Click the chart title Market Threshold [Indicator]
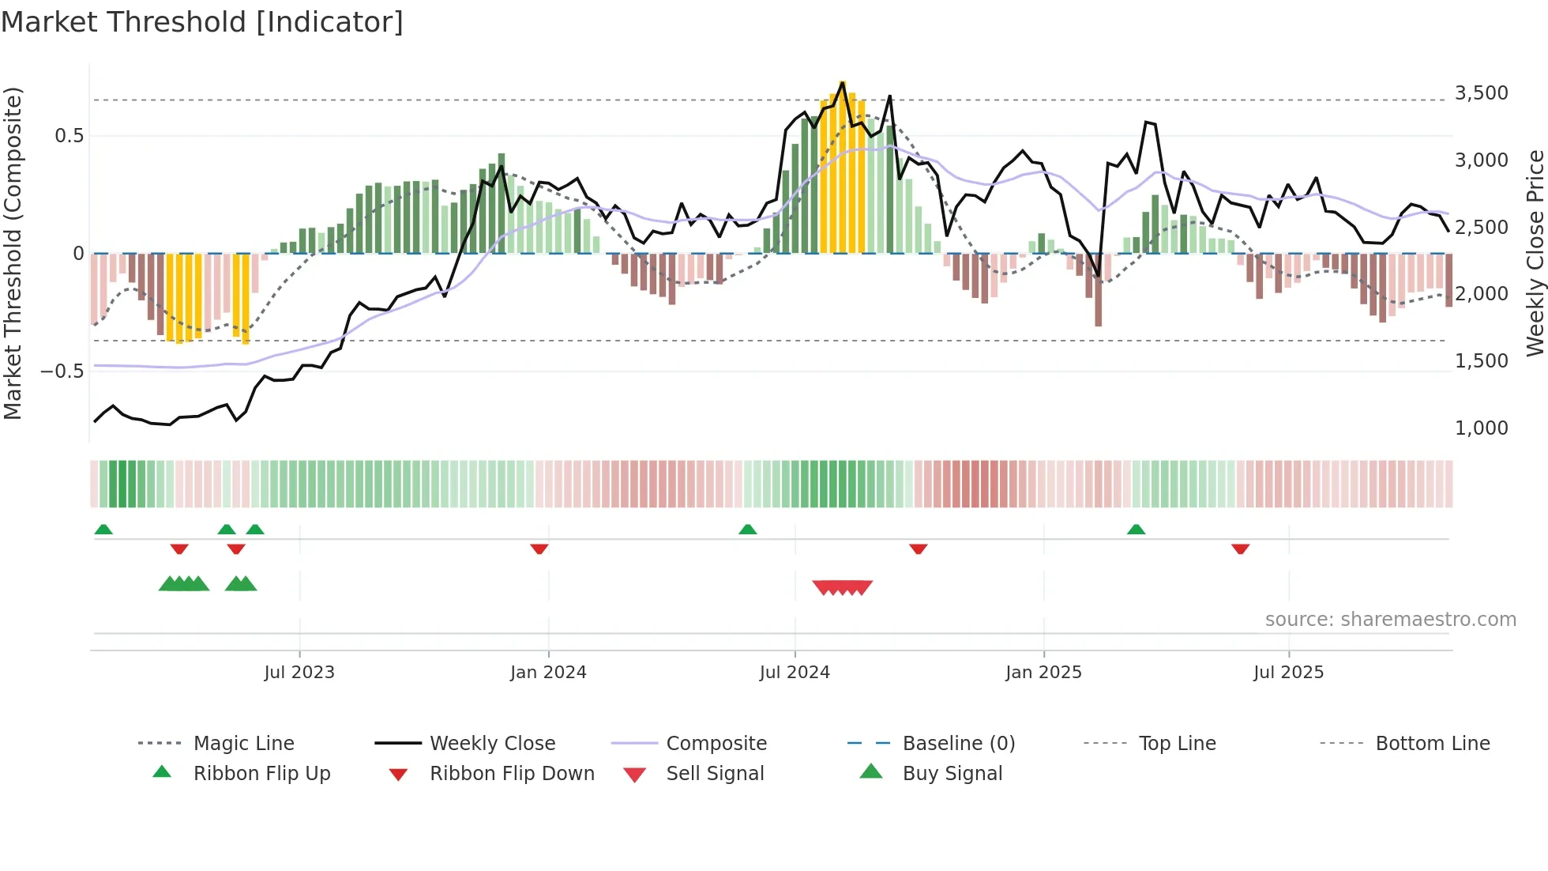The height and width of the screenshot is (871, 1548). [x=202, y=22]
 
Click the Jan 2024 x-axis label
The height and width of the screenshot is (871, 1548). [x=548, y=672]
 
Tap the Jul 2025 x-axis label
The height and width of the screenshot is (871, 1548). [x=1288, y=672]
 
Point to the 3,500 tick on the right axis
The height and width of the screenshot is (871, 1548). [x=1481, y=93]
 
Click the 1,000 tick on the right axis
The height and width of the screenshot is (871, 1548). [x=1481, y=428]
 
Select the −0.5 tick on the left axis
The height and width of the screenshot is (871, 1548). [x=62, y=371]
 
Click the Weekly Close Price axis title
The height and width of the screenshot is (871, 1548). [x=1535, y=253]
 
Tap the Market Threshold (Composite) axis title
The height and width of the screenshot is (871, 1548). [x=13, y=253]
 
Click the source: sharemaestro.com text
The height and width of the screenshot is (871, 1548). [x=1390, y=619]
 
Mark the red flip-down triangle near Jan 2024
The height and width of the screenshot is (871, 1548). [x=539, y=549]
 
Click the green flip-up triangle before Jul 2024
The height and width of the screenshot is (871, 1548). [x=747, y=529]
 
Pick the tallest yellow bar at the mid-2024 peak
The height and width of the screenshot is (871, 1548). [x=843, y=166]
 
